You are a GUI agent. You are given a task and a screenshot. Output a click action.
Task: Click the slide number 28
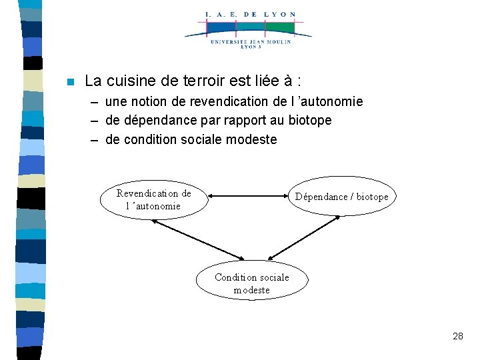click(x=457, y=336)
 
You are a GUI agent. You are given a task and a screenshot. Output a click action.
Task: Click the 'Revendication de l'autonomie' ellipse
click(x=153, y=199)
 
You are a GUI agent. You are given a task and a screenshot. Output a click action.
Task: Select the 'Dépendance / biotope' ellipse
click(x=341, y=197)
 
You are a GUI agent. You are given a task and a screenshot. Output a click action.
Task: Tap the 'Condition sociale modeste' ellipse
click(x=252, y=283)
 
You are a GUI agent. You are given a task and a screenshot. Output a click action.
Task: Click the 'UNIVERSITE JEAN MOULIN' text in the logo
click(x=251, y=41)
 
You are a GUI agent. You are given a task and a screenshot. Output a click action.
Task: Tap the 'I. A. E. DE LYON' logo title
click(x=251, y=14)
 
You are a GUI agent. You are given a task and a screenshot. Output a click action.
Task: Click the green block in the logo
click(x=281, y=28)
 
